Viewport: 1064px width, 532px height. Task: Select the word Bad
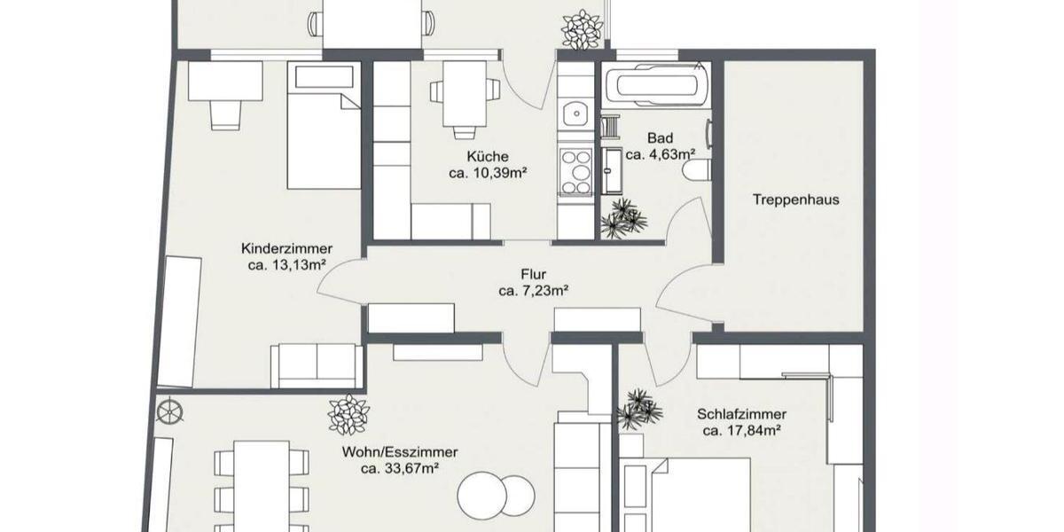coord(660,138)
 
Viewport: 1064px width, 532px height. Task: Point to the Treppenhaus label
coord(795,199)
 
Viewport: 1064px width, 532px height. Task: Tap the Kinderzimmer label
coord(286,248)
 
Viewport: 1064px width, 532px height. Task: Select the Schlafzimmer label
coord(741,414)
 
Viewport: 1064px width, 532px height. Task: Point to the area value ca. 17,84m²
coord(741,431)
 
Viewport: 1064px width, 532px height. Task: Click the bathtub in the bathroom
coord(657,87)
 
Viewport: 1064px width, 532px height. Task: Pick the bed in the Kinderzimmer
coord(324,126)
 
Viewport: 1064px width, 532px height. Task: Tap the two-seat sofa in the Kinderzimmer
coord(317,364)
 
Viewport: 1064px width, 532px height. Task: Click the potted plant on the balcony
coord(582,29)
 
